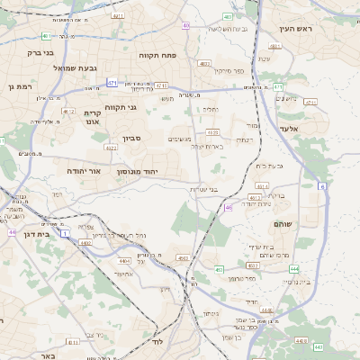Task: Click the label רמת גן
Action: [19, 86]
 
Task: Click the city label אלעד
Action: [312, 129]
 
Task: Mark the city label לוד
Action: [156, 342]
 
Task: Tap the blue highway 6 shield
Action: [321, 185]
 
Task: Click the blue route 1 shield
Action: [65, 233]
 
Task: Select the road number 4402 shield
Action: [85, 242]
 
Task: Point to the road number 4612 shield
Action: [68, 112]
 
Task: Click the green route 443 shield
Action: [318, 346]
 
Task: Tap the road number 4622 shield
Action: [111, 146]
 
